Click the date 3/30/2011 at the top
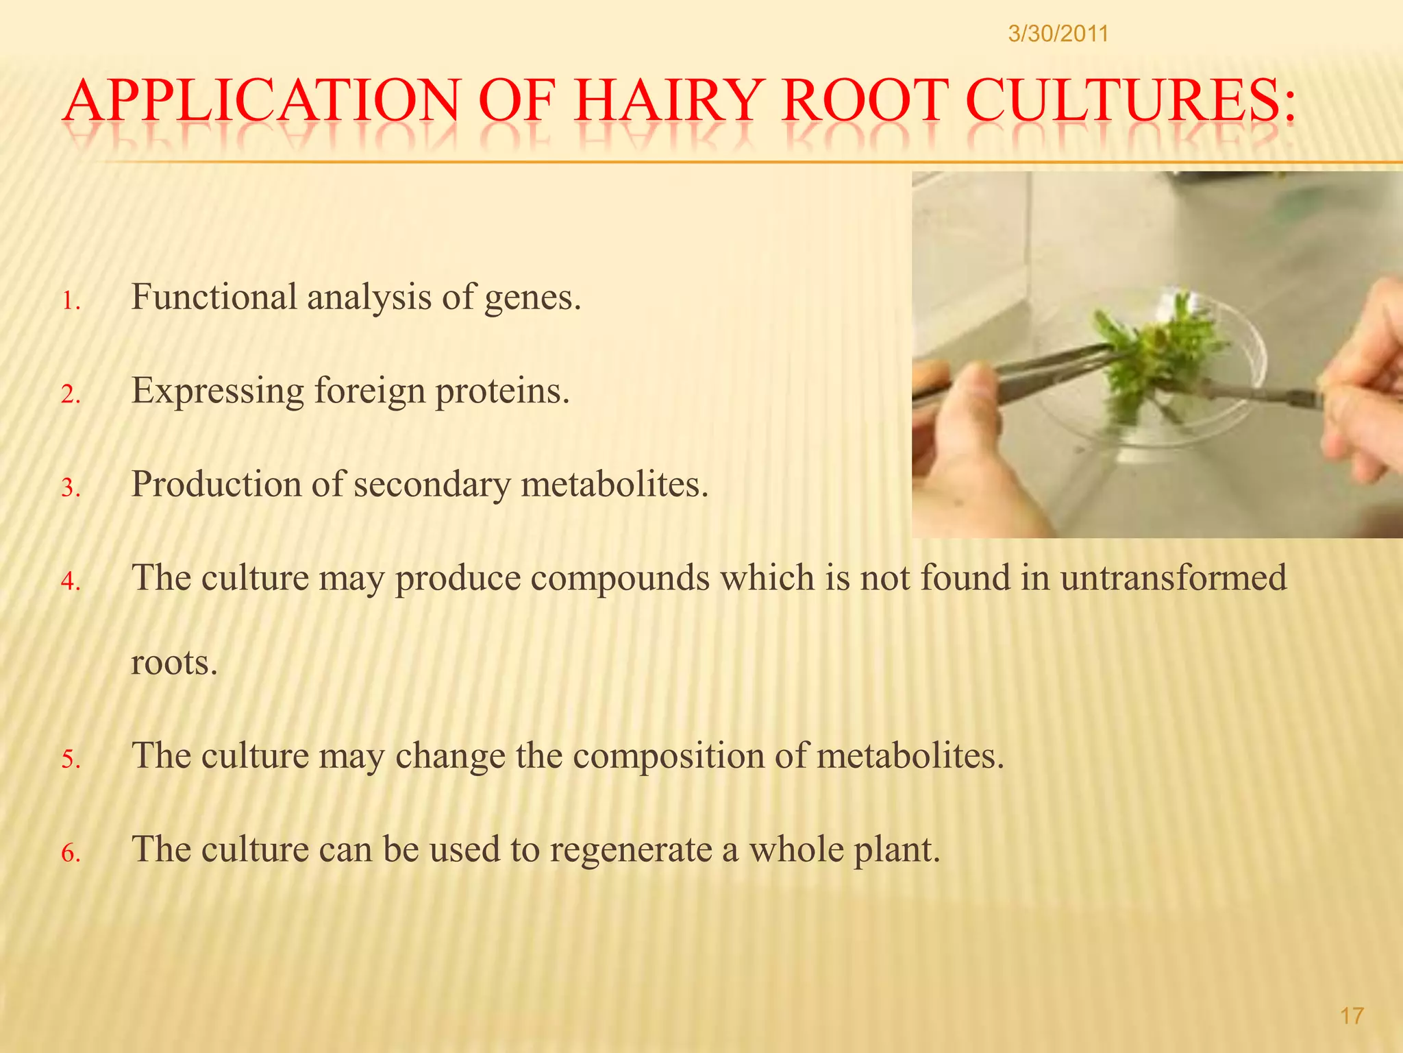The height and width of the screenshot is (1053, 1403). click(1058, 34)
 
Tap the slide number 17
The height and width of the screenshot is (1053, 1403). click(1352, 1016)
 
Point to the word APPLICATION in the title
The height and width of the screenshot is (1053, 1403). click(260, 101)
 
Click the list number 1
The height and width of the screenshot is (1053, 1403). click(71, 302)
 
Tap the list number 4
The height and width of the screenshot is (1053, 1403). click(71, 582)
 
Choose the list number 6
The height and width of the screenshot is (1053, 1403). click(71, 854)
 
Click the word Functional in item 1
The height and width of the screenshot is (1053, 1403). click(214, 297)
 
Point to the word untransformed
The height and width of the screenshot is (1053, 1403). click(1173, 577)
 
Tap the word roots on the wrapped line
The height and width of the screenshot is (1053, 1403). click(173, 663)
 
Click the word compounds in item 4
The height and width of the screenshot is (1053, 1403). click(620, 579)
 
